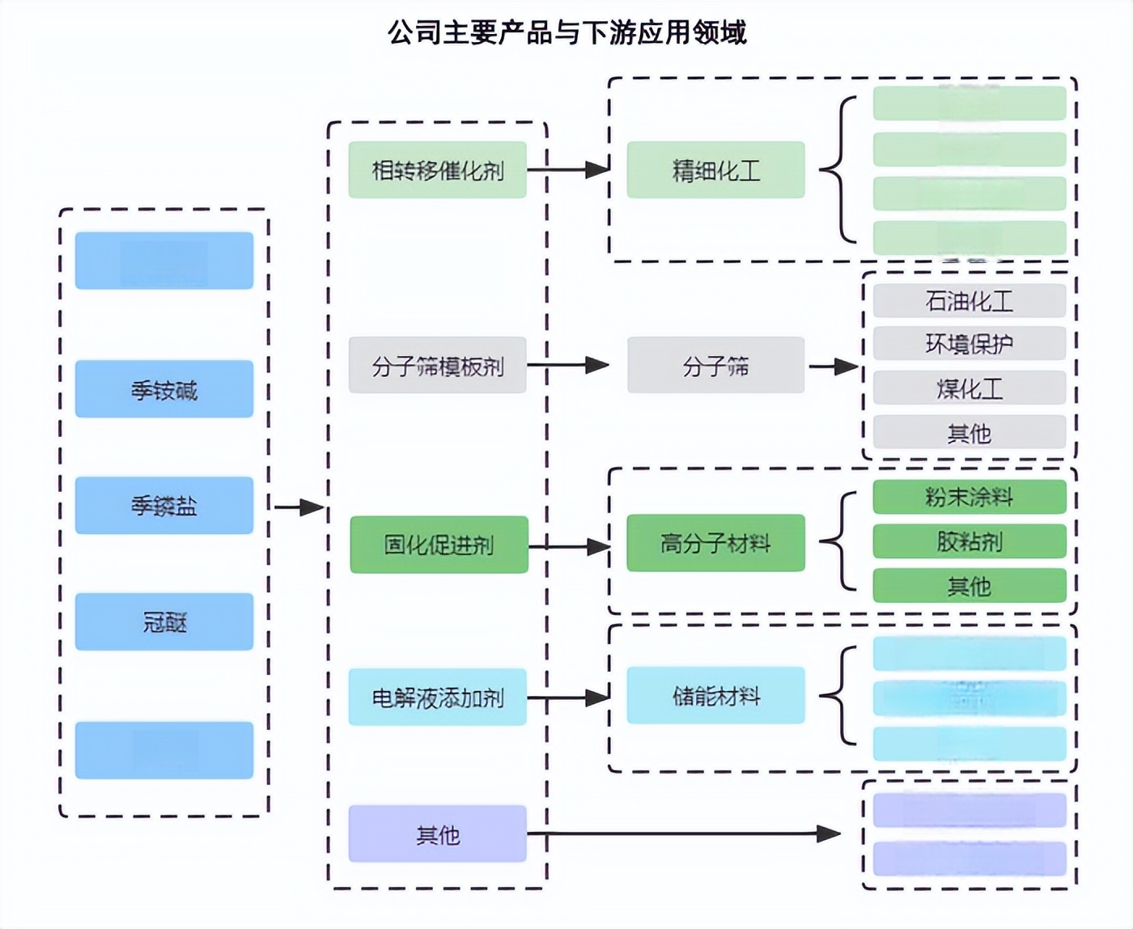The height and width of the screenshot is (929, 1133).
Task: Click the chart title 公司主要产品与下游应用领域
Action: (x=566, y=33)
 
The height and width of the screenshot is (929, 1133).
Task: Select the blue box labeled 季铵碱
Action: (x=164, y=389)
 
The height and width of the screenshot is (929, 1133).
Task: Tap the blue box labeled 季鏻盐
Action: (x=164, y=505)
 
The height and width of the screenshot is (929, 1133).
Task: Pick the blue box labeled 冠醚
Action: (x=164, y=621)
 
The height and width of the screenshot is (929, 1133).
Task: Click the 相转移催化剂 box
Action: (x=438, y=170)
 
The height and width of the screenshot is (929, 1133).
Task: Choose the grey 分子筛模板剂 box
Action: (x=438, y=366)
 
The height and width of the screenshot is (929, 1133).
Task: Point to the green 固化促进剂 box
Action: (x=439, y=545)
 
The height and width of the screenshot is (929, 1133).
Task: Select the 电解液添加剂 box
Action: (x=438, y=697)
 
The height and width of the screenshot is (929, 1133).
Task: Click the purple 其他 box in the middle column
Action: (x=438, y=834)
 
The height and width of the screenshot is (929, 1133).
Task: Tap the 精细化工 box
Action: (x=716, y=170)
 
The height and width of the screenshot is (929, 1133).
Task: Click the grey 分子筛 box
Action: (x=716, y=366)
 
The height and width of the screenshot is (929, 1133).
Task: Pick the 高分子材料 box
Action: (x=716, y=543)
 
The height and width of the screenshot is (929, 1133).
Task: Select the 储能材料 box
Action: (x=716, y=695)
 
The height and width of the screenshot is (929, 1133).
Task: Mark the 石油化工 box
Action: (x=969, y=301)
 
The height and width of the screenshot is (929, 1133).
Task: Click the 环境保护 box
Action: (x=969, y=344)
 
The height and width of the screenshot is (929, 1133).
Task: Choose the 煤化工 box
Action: (x=969, y=388)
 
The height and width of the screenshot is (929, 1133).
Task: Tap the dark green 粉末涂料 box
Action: (x=969, y=497)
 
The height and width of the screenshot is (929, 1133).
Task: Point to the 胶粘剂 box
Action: (x=969, y=541)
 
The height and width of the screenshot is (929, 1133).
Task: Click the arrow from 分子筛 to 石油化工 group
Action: (x=834, y=367)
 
